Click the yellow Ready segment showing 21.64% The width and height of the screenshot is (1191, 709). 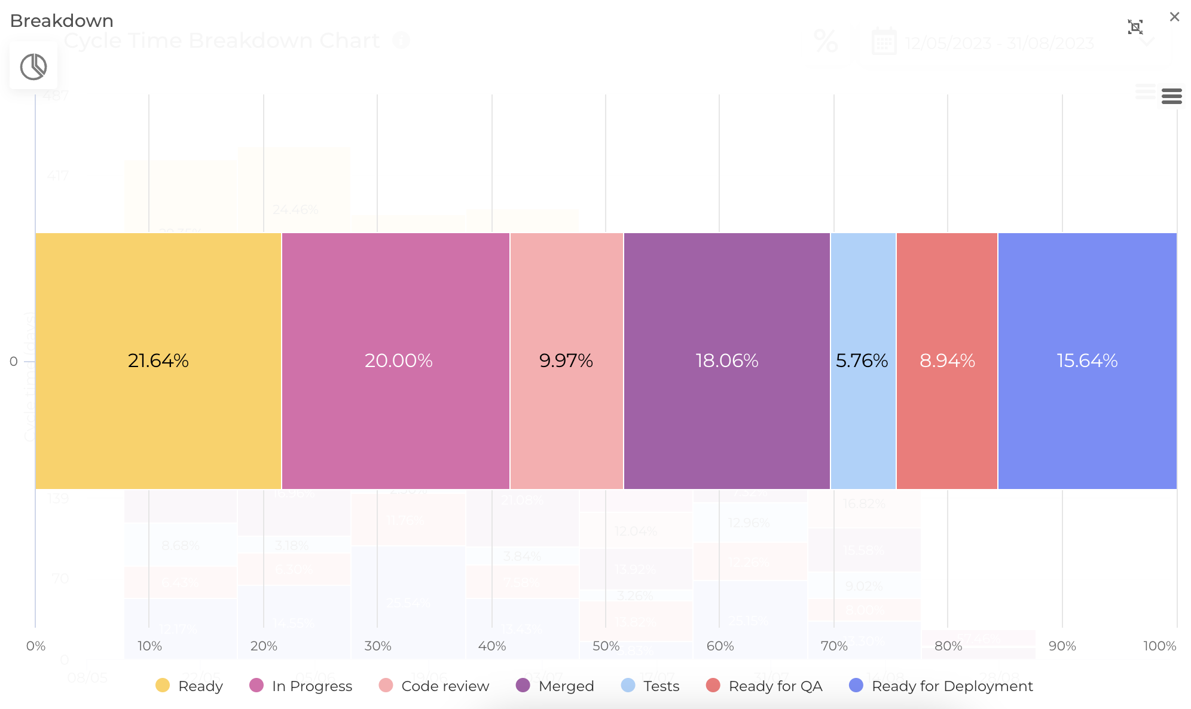tap(158, 360)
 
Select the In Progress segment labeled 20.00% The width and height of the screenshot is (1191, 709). tap(395, 360)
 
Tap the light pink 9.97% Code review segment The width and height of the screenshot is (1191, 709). tap(566, 360)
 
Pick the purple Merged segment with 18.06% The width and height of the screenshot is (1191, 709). tap(726, 360)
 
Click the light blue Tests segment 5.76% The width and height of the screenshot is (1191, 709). tap(862, 360)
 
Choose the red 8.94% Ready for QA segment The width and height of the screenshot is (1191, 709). tap(947, 360)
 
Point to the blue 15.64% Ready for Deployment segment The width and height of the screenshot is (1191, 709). tap(1087, 360)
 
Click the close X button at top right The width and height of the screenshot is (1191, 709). tap(1174, 17)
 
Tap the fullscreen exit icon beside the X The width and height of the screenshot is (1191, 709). tap(1135, 27)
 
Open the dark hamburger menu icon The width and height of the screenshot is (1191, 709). tap(1171, 96)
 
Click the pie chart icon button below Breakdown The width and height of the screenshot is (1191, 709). tap(33, 66)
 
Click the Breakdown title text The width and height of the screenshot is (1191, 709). tap(62, 21)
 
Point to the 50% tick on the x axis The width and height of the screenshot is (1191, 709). tap(606, 646)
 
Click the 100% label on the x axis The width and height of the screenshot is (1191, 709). tap(1159, 646)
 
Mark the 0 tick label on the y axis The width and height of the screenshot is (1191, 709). tap(13, 361)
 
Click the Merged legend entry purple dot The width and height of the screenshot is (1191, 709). tap(523, 685)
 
